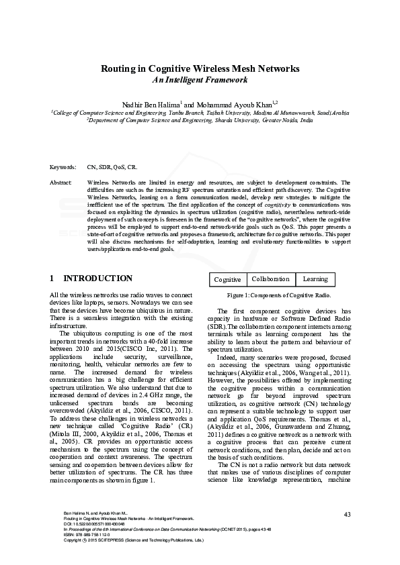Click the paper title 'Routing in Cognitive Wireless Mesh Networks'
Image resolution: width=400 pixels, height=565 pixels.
[200, 68]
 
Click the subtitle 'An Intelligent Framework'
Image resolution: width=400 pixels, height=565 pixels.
[200, 80]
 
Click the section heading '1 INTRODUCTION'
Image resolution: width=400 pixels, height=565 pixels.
[91, 278]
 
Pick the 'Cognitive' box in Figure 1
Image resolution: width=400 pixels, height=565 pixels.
[227, 279]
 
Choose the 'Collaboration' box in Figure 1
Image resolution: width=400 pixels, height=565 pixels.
[271, 279]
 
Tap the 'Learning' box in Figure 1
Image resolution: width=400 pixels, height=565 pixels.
[315, 279]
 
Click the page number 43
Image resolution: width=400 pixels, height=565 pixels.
[347, 515]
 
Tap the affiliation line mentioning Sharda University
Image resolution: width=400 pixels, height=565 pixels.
[200, 120]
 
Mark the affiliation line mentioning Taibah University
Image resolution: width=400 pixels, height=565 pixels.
[200, 113]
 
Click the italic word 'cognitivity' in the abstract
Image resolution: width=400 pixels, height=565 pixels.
[277, 203]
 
